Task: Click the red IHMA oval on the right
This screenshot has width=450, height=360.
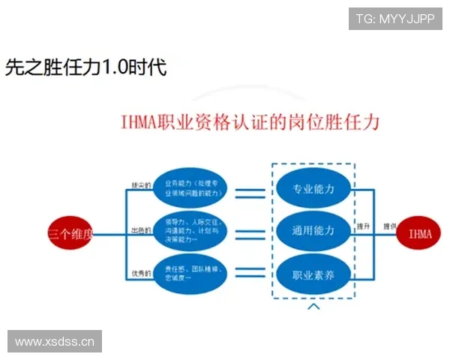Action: coord(420,234)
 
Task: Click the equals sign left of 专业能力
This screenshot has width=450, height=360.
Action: coord(250,193)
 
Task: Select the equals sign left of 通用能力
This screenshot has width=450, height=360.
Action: coord(250,234)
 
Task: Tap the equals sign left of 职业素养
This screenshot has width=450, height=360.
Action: coord(250,277)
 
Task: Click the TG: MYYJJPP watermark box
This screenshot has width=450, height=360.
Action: coord(395,18)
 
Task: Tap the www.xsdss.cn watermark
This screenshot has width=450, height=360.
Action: coord(54,342)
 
